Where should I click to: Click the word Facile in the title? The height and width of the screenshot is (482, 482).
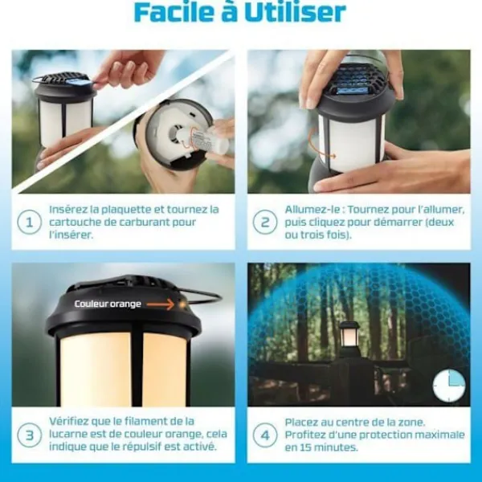[174, 12]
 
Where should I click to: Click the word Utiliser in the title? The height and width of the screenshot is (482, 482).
[296, 12]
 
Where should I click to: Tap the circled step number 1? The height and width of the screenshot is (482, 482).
[29, 223]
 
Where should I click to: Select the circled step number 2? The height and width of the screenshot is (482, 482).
[265, 223]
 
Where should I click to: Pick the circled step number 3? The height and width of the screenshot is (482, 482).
[29, 435]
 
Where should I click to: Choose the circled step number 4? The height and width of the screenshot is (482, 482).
[265, 435]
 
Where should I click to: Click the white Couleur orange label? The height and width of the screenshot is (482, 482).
[108, 304]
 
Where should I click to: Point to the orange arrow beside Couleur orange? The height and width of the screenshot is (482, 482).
[160, 304]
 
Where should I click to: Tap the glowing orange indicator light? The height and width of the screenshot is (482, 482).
[182, 304]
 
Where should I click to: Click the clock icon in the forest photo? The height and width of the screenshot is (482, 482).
[449, 386]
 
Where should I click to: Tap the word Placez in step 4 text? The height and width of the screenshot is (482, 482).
[301, 423]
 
